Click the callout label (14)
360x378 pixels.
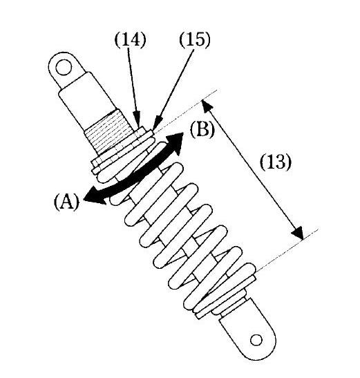[130, 40]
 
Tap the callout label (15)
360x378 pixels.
[195, 39]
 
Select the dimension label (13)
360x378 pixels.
[276, 162]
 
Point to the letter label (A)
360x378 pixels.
[66, 202]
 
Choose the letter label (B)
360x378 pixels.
[202, 130]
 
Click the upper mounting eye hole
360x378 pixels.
[64, 68]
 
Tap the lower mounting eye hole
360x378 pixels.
[256, 340]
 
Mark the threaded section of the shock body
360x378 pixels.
[108, 132]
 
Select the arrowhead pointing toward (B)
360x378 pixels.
[175, 142]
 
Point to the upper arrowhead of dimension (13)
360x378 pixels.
[207, 106]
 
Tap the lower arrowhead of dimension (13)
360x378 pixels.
[298, 233]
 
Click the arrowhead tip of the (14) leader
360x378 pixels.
[138, 126]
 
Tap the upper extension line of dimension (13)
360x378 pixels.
[186, 110]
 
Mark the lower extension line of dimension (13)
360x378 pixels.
[287, 250]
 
